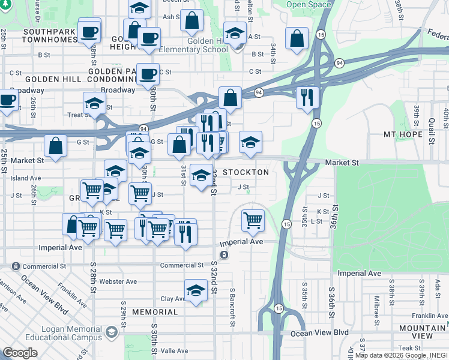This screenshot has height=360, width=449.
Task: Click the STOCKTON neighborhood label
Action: point(246,172)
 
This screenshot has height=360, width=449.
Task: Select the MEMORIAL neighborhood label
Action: point(155,312)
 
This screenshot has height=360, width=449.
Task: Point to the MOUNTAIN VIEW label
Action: point(423,332)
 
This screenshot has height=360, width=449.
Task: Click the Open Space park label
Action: point(309,5)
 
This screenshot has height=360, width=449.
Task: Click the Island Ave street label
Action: point(25,178)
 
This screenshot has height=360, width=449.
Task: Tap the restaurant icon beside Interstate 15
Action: point(307,97)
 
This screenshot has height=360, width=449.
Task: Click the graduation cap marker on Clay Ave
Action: point(196,291)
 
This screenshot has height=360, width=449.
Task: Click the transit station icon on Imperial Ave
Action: point(224,255)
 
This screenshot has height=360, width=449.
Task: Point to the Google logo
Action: point(20,353)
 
